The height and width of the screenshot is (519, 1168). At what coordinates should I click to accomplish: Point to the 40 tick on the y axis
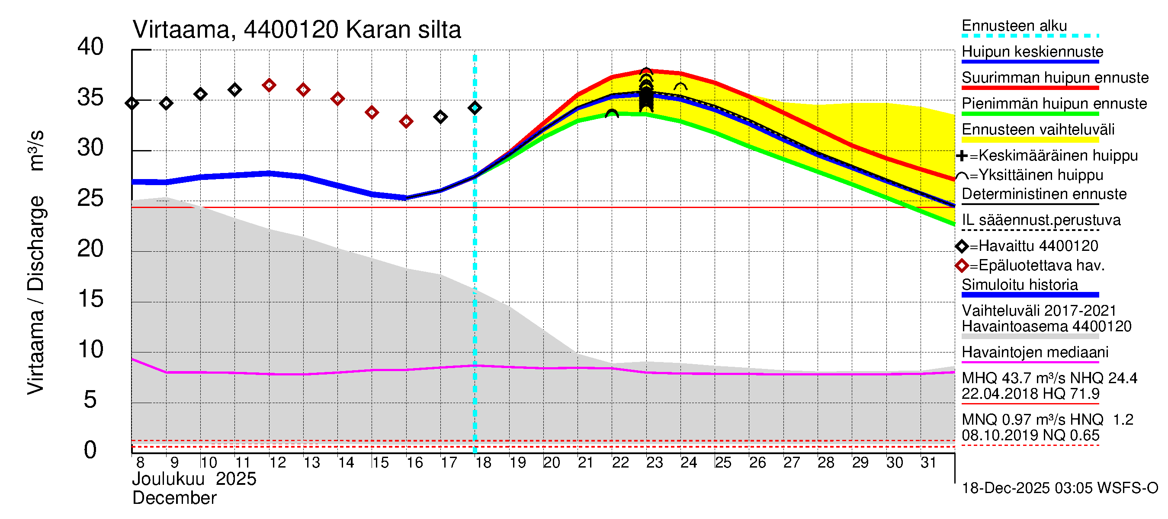click(90, 47)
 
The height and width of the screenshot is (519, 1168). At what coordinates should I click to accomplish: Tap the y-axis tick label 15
click(90, 299)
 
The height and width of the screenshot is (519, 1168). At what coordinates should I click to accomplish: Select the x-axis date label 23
click(654, 463)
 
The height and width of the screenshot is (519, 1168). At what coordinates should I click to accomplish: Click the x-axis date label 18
click(483, 463)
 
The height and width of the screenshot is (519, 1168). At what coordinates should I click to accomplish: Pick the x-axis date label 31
click(928, 463)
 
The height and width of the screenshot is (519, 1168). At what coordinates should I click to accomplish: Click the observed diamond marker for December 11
click(234, 90)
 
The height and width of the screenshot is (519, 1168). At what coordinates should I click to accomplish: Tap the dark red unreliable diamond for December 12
click(269, 85)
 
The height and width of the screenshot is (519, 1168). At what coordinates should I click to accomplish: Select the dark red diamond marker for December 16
click(406, 122)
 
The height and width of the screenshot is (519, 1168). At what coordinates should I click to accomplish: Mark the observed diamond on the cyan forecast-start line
click(475, 108)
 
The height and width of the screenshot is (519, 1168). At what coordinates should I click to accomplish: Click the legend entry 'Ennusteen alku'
click(1014, 26)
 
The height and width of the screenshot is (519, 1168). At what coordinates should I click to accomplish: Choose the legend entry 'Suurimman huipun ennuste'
click(1055, 78)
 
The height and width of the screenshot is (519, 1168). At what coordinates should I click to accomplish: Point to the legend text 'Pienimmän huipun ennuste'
click(1054, 104)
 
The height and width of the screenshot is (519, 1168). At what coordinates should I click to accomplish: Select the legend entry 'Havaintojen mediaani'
click(1035, 352)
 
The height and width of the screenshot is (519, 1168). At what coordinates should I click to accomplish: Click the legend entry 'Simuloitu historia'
click(1019, 285)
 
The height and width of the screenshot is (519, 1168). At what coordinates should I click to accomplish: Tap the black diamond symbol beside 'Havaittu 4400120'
click(962, 246)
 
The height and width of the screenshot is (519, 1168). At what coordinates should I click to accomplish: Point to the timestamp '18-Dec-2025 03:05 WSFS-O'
click(1059, 488)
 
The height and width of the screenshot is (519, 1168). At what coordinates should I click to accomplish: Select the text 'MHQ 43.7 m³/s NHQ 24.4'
click(1049, 378)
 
